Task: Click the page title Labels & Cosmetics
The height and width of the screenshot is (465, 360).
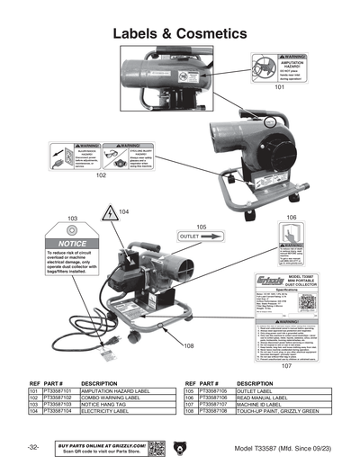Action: (179, 33)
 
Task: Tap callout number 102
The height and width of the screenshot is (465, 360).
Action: (101, 176)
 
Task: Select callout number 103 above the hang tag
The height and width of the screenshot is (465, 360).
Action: (73, 219)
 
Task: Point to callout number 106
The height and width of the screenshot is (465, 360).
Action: (292, 219)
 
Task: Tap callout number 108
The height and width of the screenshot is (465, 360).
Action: (188, 345)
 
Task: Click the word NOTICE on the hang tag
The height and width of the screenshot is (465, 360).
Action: (73, 244)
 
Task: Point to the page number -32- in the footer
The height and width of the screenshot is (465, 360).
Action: (32, 447)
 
